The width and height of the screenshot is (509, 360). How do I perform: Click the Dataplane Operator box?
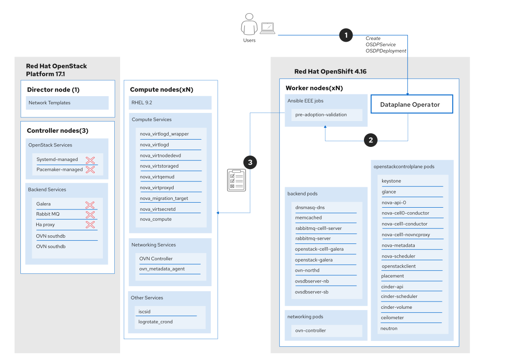pyautogui.click(x=412, y=104)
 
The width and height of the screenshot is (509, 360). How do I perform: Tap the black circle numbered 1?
pyautogui.click(x=346, y=35)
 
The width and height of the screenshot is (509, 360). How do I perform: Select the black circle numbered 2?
pyautogui.click(x=371, y=140)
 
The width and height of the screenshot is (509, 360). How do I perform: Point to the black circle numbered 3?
pyautogui.click(x=250, y=162)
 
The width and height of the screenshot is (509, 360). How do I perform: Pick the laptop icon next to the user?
pyautogui.click(x=268, y=29)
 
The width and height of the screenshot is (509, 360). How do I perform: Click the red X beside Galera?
pyautogui.click(x=90, y=204)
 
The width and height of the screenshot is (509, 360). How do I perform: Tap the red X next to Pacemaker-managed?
pyautogui.click(x=90, y=170)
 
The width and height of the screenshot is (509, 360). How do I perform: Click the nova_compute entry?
pyautogui.click(x=156, y=219)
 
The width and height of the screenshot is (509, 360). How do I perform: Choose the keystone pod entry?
pyautogui.click(x=391, y=181)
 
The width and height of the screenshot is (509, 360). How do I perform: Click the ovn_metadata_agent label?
pyautogui.click(x=162, y=269)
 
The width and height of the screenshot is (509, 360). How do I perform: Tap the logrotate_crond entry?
pyautogui.click(x=155, y=322)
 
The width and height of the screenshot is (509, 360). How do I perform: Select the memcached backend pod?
pyautogui.click(x=308, y=218)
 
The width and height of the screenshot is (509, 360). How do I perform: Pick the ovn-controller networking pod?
pyautogui.click(x=310, y=331)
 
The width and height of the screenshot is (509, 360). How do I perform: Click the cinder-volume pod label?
pyautogui.click(x=397, y=307)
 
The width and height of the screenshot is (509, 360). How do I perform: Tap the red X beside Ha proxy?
pyautogui.click(x=90, y=225)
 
